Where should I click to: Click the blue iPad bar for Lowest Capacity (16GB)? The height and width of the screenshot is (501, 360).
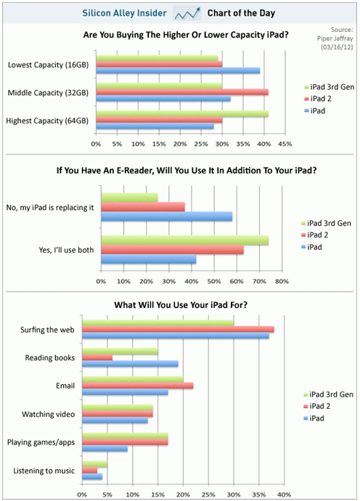tap(177, 70)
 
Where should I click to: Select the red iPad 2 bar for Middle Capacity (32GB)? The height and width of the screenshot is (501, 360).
tap(181, 92)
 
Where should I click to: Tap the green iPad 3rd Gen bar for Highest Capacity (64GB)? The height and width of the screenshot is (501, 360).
tap(181, 113)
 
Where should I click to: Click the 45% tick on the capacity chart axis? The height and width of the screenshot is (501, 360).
tap(285, 144)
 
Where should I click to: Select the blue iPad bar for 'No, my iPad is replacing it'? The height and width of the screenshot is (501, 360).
tap(166, 216)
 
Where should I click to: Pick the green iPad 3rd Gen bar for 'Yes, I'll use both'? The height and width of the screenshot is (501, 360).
tap(184, 240)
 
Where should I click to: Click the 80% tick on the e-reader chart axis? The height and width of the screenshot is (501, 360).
tap(282, 281)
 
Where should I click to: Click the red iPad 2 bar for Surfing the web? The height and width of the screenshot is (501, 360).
tap(178, 329)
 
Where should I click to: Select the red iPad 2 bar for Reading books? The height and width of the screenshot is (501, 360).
tap(97, 357)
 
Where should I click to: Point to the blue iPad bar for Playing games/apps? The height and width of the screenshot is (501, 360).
tap(105, 449)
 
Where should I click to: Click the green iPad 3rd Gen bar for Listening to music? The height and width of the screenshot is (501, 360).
tap(95, 464)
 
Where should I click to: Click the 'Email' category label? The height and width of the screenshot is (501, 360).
tap(63, 386)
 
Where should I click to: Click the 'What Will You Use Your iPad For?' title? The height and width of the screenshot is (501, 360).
tap(179, 304)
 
